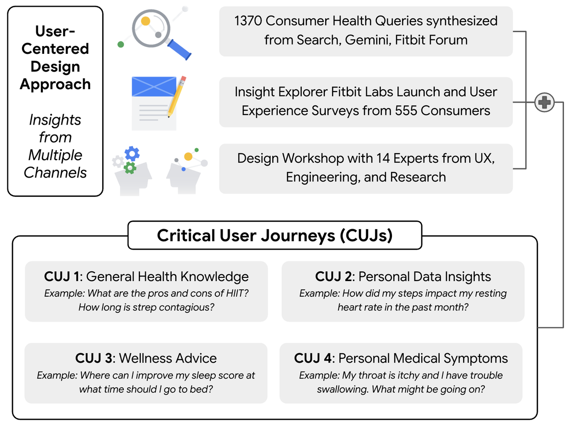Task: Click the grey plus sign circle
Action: pyautogui.click(x=545, y=102)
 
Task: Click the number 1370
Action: pyautogui.click(x=248, y=21)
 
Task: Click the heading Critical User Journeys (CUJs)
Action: pyautogui.click(x=275, y=235)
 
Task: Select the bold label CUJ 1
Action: pyautogui.click(x=62, y=276)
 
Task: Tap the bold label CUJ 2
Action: pyautogui.click(x=334, y=276)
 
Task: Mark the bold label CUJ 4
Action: pyautogui.click(x=314, y=358)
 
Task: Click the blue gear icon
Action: pyautogui.click(x=132, y=153)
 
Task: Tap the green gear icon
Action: pyautogui.click(x=130, y=167)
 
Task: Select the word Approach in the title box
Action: pyautogui.click(x=55, y=84)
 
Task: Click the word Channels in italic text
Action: pyautogui.click(x=55, y=173)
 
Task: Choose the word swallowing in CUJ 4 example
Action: pyautogui.click(x=341, y=389)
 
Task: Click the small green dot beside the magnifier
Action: pyautogui.click(x=121, y=44)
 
